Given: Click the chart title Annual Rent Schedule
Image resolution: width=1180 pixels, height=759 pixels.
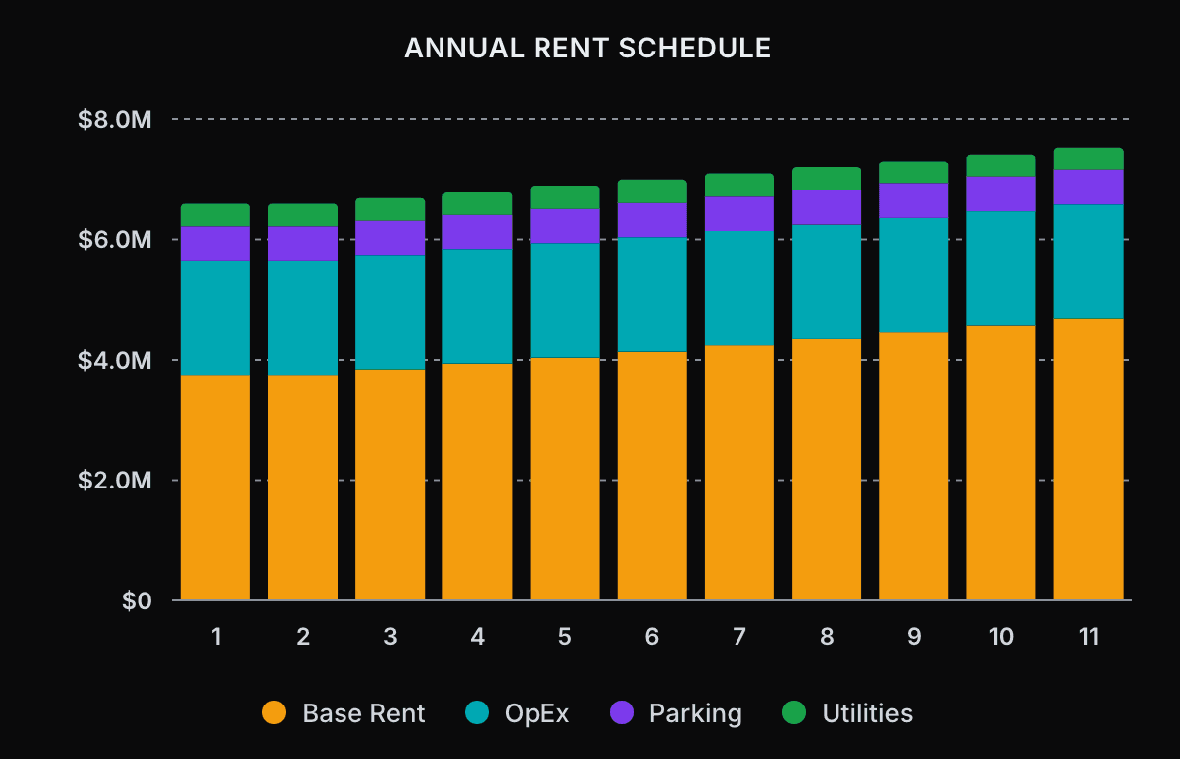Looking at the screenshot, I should click(588, 48).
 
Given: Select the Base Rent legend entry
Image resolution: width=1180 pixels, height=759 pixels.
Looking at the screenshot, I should click(344, 713).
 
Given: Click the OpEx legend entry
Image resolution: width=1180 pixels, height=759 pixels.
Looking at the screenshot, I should click(517, 713).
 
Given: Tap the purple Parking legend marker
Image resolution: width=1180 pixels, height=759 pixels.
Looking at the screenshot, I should click(622, 713).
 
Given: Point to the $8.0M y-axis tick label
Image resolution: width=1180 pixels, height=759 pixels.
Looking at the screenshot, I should click(115, 120).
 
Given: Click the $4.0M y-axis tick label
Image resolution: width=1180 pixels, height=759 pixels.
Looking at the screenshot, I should click(115, 361).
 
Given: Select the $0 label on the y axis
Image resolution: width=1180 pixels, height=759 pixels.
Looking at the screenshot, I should click(138, 601).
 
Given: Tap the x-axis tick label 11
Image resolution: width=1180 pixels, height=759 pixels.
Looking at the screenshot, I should click(1088, 637).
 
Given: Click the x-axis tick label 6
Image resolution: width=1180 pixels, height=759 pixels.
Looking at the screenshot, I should click(651, 637).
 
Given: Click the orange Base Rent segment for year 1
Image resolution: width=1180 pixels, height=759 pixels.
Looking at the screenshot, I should click(216, 488).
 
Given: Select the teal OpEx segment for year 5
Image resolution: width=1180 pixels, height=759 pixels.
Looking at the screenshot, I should click(564, 300).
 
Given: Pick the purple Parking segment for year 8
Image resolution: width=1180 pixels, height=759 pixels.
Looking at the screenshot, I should click(827, 207).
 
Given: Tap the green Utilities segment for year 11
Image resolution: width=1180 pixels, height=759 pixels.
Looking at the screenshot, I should click(1088, 159).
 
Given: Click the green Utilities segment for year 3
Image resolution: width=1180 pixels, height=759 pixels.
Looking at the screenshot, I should click(390, 209).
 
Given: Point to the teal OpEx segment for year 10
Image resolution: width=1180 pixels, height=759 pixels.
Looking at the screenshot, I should click(1001, 269).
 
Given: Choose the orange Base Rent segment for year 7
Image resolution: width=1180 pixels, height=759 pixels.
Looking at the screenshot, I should click(739, 473).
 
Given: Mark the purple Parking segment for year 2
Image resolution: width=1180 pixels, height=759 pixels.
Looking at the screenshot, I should click(303, 244).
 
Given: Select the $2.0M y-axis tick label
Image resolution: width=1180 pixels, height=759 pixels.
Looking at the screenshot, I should click(115, 481).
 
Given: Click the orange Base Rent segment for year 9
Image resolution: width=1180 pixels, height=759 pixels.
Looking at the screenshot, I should click(914, 466).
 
